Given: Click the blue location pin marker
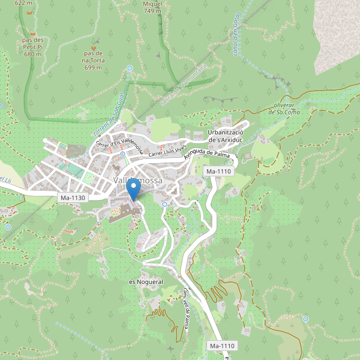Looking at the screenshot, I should [x=134, y=189].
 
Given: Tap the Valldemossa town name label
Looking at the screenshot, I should [x=137, y=181].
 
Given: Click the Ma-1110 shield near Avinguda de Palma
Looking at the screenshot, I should [x=218, y=172].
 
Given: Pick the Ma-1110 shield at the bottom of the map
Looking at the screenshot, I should [x=222, y=346].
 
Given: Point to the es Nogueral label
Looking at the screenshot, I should [x=146, y=281].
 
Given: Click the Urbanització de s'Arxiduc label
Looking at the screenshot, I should [x=224, y=136].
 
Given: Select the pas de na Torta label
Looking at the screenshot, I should [x=93, y=60].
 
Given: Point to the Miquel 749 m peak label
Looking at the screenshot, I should [x=152, y=7].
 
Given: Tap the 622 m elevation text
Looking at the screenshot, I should [x=23, y=3].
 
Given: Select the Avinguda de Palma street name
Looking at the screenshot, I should [x=208, y=155].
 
